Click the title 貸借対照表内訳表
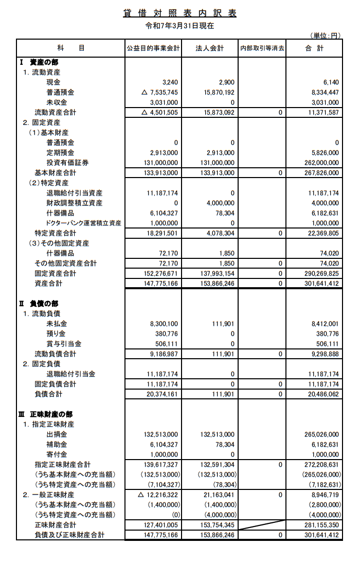[180, 13]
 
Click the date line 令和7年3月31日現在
[180, 25]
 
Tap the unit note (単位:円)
[326, 35]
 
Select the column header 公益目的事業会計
[153, 48]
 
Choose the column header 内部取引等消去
[262, 48]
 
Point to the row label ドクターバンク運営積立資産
[83, 223]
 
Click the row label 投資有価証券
[67, 163]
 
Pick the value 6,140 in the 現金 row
[331, 82]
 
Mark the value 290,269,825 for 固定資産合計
[320, 273]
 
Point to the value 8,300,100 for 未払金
[163, 324]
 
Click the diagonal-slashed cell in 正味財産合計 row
[262, 525]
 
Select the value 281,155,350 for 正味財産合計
[320, 525]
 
